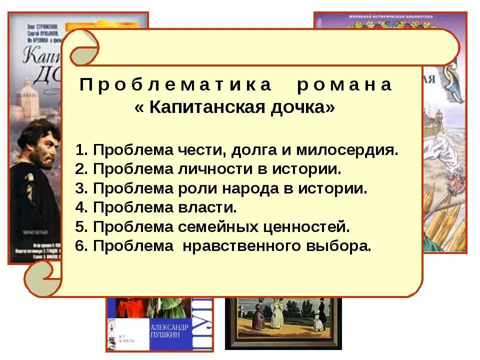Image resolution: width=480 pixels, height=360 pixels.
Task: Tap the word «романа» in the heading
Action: point(344,85)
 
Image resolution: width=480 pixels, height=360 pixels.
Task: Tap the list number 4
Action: point(80,208)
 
